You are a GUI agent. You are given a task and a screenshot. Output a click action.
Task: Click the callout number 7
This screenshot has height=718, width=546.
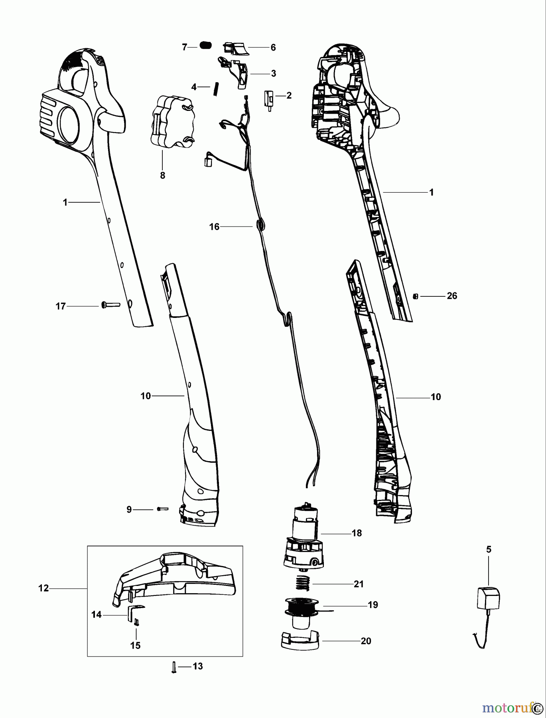click(x=184, y=47)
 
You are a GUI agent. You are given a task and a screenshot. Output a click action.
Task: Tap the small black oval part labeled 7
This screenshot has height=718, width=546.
click(x=205, y=46)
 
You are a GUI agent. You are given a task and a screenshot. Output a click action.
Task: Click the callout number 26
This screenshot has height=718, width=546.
click(x=452, y=296)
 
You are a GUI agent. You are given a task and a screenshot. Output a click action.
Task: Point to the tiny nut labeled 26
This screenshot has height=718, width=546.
click(x=416, y=296)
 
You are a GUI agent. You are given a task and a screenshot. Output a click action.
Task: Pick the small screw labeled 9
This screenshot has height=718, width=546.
click(x=163, y=509)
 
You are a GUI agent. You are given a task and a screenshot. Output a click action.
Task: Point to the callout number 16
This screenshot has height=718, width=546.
click(x=215, y=227)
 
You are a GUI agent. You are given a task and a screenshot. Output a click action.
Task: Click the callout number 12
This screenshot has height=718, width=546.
click(x=43, y=588)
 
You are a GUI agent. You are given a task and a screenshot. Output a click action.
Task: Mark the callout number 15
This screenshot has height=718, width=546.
click(x=136, y=645)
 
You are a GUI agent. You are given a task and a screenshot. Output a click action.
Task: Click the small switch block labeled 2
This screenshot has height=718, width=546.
click(x=268, y=98)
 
